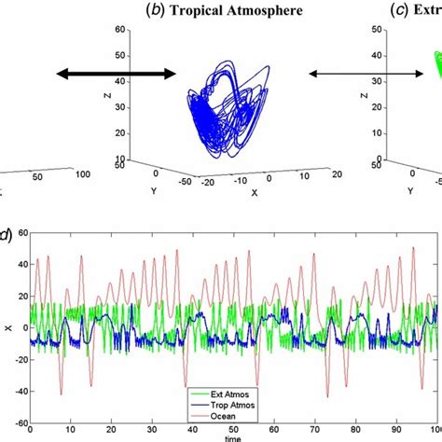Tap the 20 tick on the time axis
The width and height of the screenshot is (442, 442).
coord(111,427)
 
